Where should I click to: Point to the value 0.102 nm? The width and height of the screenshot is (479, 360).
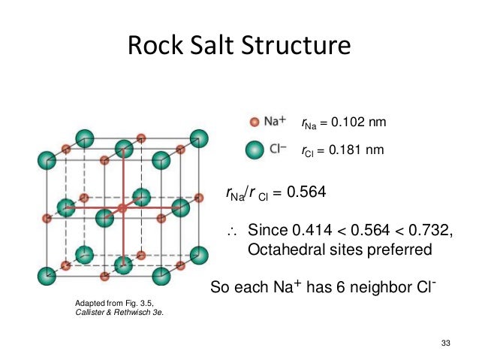357,122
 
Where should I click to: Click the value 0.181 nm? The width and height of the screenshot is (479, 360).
357,150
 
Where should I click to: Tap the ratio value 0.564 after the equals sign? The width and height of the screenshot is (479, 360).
307,192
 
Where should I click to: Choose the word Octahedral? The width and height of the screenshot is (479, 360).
283,249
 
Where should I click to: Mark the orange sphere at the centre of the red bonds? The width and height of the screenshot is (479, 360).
122,207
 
